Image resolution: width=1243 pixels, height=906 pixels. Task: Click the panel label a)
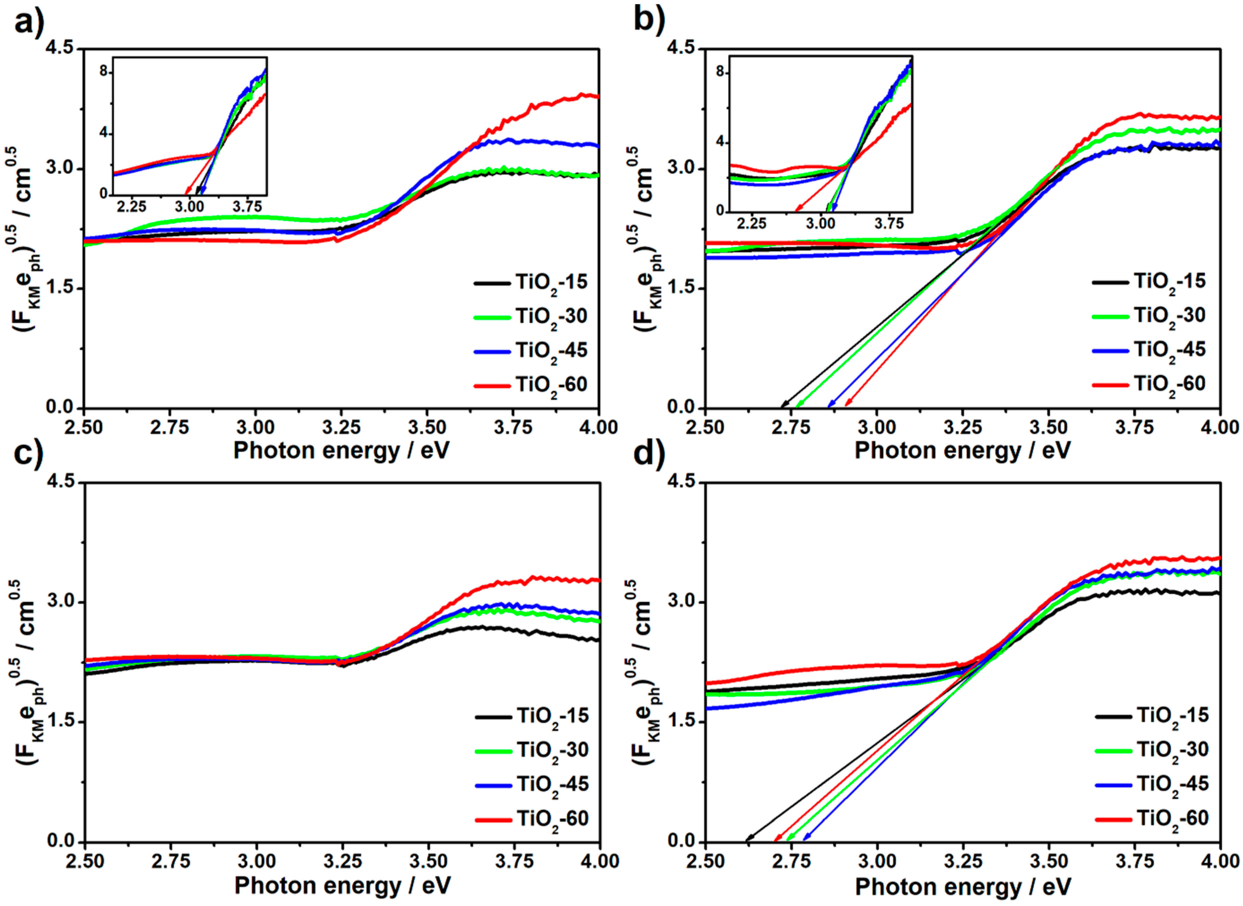pos(29,22)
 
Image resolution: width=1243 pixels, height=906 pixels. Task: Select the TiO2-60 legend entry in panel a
pos(551,385)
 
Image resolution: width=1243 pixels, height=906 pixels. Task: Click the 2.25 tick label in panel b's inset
pos(751,224)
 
